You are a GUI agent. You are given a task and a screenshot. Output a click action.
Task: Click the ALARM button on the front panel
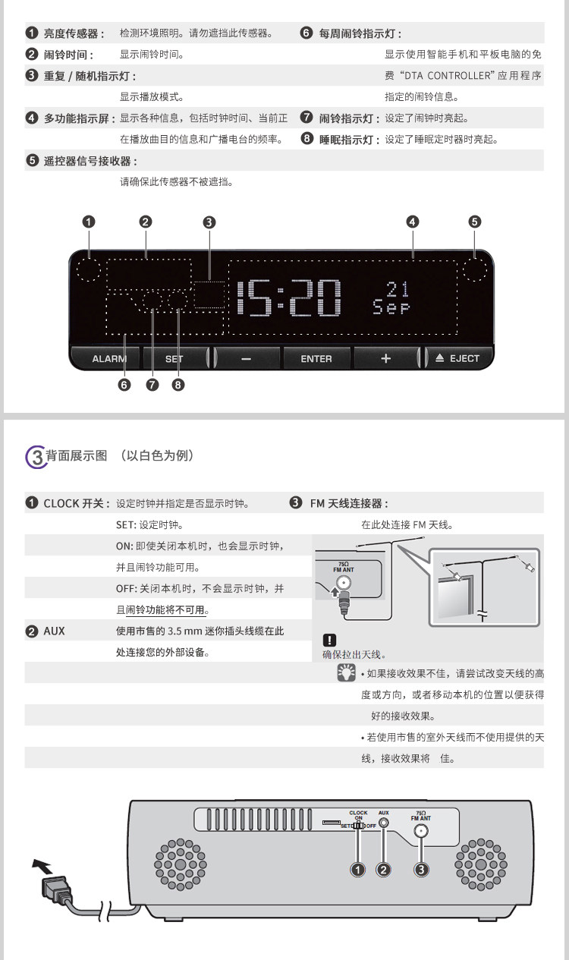105,358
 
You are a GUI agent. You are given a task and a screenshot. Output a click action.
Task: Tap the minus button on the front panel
246,358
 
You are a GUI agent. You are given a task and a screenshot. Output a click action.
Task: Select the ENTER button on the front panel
316,358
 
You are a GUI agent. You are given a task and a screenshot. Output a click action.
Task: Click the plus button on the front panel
385,358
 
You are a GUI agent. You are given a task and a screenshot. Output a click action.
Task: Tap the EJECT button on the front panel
457,358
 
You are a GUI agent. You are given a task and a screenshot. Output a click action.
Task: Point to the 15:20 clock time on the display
289,297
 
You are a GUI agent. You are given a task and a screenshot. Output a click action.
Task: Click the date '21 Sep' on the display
391,298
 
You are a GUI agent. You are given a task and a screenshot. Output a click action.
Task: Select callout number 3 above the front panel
209,222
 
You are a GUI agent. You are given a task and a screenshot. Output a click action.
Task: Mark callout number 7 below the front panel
152,385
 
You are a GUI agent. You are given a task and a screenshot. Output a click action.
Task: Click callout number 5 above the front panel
474,222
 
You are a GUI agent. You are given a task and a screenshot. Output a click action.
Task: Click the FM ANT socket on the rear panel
421,830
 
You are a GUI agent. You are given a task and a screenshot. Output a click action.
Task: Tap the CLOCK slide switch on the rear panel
360,826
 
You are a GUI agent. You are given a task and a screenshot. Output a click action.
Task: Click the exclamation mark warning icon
329,640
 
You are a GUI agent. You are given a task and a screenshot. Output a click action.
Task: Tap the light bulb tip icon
346,672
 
